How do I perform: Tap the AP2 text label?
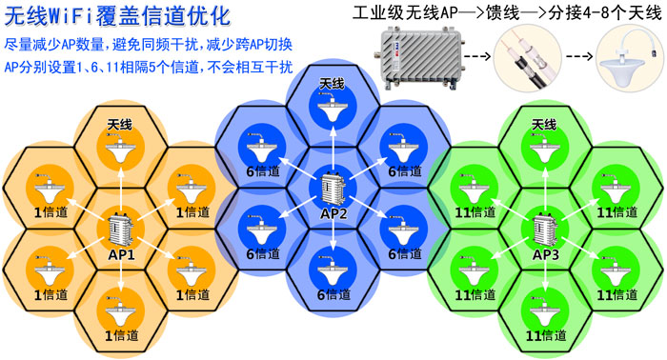(x=333, y=212)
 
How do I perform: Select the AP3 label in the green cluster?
(x=545, y=255)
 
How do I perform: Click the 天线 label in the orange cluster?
(x=119, y=126)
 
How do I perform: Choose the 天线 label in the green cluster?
(x=544, y=125)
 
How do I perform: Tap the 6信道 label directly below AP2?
(x=333, y=294)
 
